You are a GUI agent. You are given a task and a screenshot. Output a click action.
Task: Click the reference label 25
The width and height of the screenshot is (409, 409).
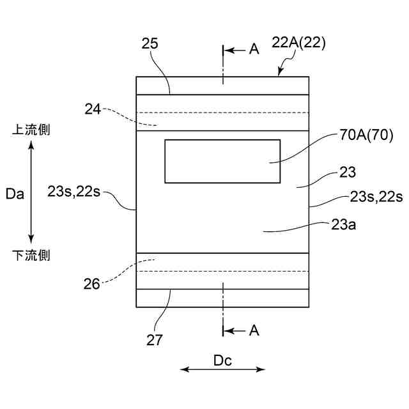[150, 43]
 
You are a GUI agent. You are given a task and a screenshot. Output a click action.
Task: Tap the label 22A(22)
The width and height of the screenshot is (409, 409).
[299, 43]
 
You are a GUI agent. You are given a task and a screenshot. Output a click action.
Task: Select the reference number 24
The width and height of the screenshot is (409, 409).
[93, 109]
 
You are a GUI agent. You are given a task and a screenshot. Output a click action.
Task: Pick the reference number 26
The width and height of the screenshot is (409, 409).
[92, 284]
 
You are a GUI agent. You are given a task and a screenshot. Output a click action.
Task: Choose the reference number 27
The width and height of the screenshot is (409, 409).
[154, 339]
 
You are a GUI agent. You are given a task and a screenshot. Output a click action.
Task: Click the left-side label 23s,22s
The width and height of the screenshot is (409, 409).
[75, 190]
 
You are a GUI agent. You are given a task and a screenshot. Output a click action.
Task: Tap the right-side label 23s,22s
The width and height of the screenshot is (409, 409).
[376, 197]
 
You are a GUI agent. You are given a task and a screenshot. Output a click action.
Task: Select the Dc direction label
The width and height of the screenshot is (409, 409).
[222, 360]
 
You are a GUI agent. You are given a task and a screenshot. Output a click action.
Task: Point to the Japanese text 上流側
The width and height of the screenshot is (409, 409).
[32, 130]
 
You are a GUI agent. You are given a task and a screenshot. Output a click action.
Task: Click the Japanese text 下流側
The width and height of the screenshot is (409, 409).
[32, 256]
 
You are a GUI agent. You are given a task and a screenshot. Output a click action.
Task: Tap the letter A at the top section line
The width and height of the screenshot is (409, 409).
[254, 49]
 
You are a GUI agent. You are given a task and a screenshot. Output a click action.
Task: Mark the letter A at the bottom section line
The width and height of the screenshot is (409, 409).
[254, 330]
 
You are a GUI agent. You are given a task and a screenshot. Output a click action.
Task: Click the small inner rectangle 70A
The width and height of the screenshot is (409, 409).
[222, 161]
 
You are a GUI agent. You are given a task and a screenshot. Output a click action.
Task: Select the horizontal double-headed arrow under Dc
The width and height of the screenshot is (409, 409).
[222, 369]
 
